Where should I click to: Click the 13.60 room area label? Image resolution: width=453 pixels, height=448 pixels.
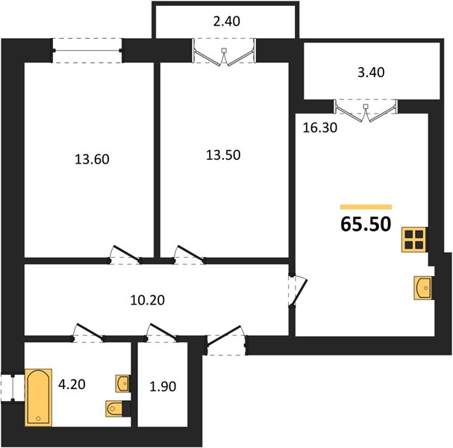[x=92, y=159]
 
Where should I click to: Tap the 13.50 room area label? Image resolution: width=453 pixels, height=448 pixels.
[x=223, y=155]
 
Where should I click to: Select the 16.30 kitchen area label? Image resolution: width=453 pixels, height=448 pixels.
[x=320, y=128]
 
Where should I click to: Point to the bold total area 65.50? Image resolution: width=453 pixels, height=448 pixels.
[x=366, y=224]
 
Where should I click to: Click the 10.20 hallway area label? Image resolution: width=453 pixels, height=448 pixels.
[x=147, y=300]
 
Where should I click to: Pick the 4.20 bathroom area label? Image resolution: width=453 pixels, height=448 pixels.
[x=72, y=385]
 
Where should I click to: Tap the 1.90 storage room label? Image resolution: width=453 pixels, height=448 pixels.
[x=163, y=387]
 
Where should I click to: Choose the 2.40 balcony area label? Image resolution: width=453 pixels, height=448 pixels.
[x=227, y=22]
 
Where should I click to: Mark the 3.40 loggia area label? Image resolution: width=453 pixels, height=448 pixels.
[x=371, y=72]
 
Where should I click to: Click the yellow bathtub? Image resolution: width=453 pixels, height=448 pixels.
[x=38, y=397]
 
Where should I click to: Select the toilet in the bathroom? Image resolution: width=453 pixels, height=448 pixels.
[x=114, y=408]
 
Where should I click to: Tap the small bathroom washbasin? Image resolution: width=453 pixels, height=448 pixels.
[x=122, y=384]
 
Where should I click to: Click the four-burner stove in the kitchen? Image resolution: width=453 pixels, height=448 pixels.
[x=414, y=240]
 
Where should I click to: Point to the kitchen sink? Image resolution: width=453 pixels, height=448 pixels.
[x=423, y=288]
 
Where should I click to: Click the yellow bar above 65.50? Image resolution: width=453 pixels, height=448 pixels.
[x=366, y=207]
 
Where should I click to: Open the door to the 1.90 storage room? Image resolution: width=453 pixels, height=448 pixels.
[x=162, y=332]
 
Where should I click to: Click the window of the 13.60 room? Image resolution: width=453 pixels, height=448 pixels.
[x=87, y=51]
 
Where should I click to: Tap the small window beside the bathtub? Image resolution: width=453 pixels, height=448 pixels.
[x=13, y=388]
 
